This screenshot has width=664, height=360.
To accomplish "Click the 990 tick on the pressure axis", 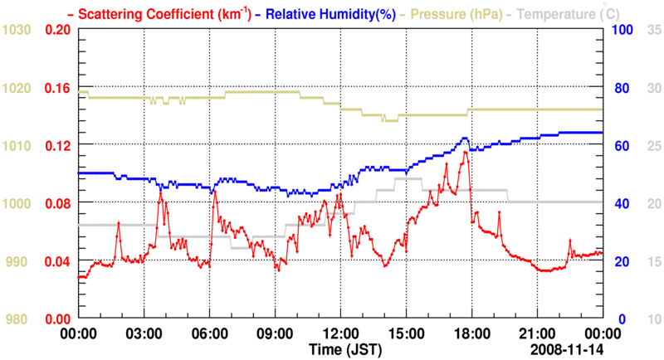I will (17, 261).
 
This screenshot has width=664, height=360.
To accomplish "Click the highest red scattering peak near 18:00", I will (466, 152).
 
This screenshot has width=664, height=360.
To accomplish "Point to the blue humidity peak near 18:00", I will (466, 138).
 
